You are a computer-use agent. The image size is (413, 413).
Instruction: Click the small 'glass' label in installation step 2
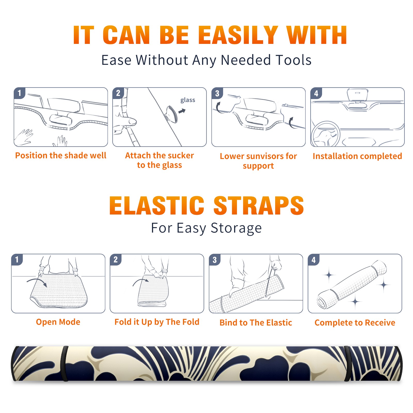click(x=188, y=100)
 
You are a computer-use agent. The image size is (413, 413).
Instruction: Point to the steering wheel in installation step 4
click(x=325, y=134)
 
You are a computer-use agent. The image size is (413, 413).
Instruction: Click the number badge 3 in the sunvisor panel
click(x=217, y=93)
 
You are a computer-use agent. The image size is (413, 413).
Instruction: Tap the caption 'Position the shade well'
click(x=61, y=155)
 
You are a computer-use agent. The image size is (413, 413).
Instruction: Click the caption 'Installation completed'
click(x=357, y=156)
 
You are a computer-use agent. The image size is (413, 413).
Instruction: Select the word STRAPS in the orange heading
click(x=259, y=205)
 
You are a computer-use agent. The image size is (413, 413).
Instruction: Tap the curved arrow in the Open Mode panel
click(x=37, y=281)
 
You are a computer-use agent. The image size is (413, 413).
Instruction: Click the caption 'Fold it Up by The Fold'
click(x=157, y=322)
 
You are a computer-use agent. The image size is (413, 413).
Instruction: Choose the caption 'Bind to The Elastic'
click(x=256, y=322)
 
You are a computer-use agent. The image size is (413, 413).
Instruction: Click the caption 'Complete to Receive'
click(x=355, y=322)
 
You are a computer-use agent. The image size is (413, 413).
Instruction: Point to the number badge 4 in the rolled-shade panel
click(x=314, y=260)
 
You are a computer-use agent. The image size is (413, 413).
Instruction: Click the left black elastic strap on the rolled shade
click(x=65, y=363)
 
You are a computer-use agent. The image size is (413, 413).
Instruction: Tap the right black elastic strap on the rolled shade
click(x=347, y=363)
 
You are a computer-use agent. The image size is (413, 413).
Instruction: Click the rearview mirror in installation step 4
click(x=357, y=95)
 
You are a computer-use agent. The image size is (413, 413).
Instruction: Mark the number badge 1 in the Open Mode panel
click(x=17, y=260)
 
